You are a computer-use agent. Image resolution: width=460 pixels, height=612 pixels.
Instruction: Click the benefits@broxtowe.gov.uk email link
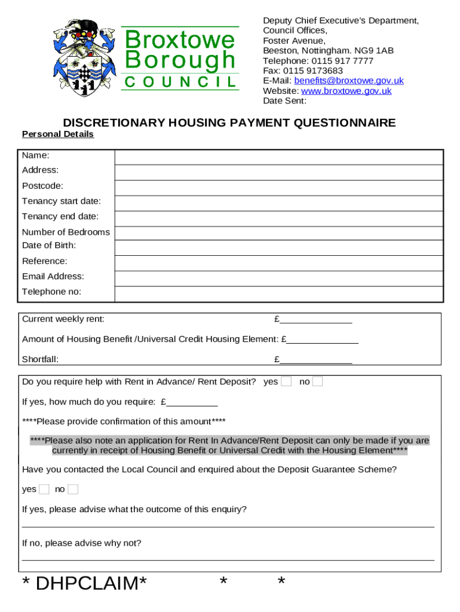click(x=349, y=81)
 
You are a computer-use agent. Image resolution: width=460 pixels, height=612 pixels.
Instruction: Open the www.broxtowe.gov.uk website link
click(x=346, y=91)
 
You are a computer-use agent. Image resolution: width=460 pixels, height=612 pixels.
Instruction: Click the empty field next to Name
click(x=279, y=157)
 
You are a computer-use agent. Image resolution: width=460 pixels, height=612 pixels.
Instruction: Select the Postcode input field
click(x=279, y=188)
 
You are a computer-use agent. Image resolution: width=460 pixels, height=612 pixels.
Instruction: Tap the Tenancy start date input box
click(x=279, y=203)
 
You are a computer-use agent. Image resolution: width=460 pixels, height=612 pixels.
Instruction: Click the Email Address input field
click(x=279, y=279)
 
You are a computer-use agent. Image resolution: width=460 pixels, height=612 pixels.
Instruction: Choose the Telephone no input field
click(x=279, y=294)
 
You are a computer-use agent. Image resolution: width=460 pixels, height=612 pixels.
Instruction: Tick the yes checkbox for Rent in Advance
click(x=286, y=381)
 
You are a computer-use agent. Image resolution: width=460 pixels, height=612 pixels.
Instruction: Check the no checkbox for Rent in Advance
click(x=317, y=381)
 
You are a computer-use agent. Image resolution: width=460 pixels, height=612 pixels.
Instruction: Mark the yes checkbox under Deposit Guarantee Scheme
click(x=44, y=489)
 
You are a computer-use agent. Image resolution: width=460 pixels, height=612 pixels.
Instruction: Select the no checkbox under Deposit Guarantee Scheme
click(x=73, y=489)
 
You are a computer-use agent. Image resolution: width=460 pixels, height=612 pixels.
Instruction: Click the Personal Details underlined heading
click(x=58, y=134)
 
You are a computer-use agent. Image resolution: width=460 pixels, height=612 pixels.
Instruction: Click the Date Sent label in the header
click(x=284, y=101)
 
